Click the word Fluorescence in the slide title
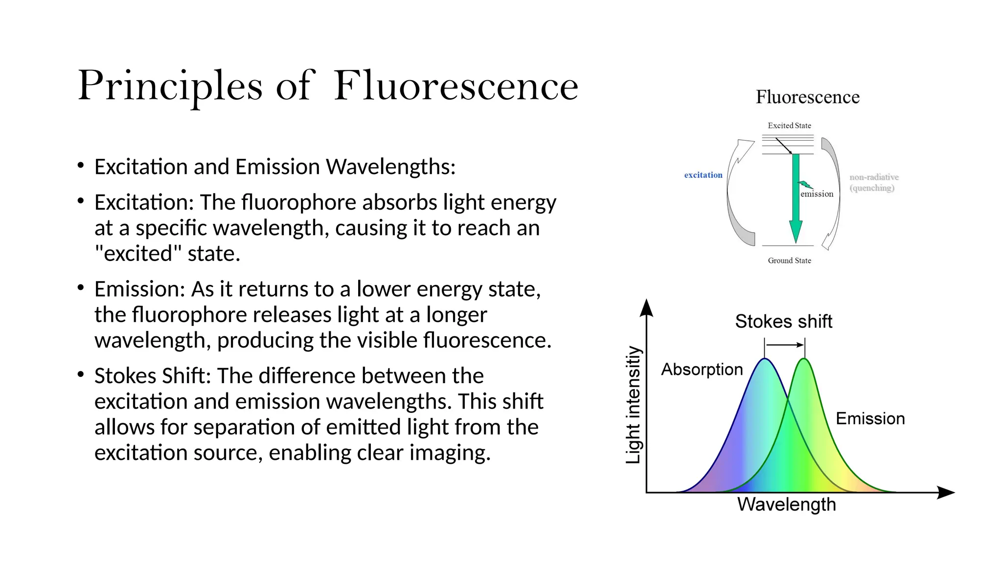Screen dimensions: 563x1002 click(x=456, y=87)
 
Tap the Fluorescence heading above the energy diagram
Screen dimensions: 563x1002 click(x=807, y=97)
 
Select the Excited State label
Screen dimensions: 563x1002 click(x=789, y=126)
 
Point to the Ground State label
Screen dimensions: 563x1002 click(x=789, y=260)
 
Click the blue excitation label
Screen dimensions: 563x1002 click(x=703, y=175)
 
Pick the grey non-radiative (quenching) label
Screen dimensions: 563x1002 click(x=874, y=182)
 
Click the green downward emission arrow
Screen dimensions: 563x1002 click(x=796, y=205)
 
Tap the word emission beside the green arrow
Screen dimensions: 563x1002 click(x=817, y=194)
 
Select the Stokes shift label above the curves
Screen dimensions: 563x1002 click(x=783, y=322)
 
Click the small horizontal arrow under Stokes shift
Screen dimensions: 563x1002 click(x=785, y=345)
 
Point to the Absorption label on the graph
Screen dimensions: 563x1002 click(x=702, y=369)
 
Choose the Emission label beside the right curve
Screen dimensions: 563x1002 click(x=870, y=418)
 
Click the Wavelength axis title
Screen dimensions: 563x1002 click(x=787, y=504)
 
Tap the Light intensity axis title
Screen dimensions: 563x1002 click(x=634, y=405)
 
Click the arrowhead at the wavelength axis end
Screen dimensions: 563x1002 click(x=946, y=492)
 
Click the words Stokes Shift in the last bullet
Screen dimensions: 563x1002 click(x=152, y=376)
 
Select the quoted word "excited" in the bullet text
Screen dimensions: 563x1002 click(x=138, y=254)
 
